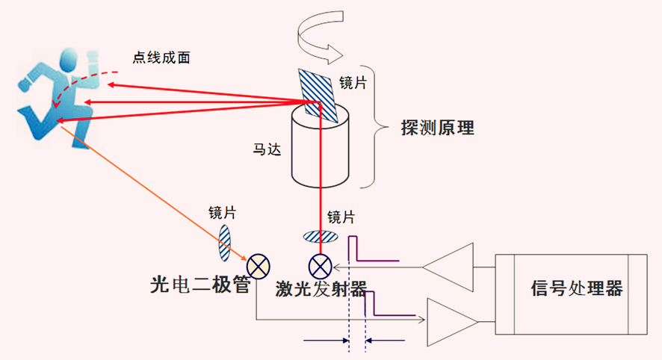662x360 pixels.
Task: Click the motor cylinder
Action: tap(321, 153)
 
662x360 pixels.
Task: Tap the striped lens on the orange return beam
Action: tap(225, 240)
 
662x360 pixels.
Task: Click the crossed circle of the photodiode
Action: tap(259, 265)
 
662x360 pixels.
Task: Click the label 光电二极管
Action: tap(199, 285)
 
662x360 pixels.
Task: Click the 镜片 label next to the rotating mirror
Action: tap(353, 82)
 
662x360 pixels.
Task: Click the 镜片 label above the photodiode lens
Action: tap(222, 213)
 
